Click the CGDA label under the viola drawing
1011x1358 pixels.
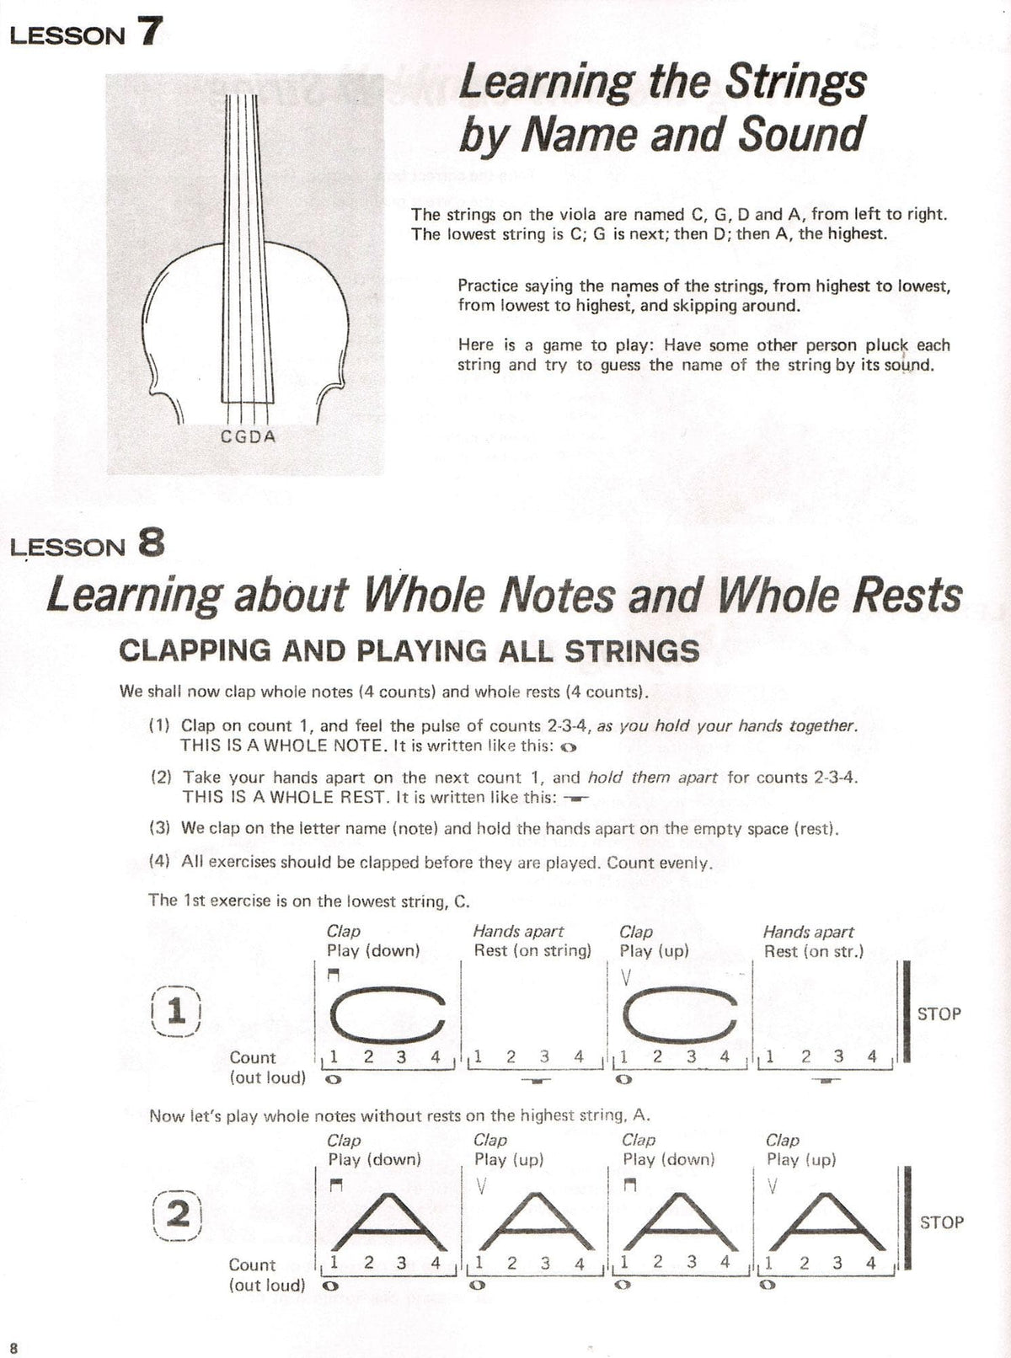(x=248, y=436)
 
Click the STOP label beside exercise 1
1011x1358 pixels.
(x=939, y=1014)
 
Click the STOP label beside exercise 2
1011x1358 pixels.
(x=941, y=1222)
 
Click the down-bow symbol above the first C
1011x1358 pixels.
(x=334, y=976)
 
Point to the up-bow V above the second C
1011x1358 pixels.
(x=624, y=977)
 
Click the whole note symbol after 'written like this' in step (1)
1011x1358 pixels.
(x=568, y=747)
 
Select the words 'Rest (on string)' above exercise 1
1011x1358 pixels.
(x=532, y=951)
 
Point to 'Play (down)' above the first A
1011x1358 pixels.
(x=374, y=1159)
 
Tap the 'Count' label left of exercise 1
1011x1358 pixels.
(x=252, y=1057)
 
